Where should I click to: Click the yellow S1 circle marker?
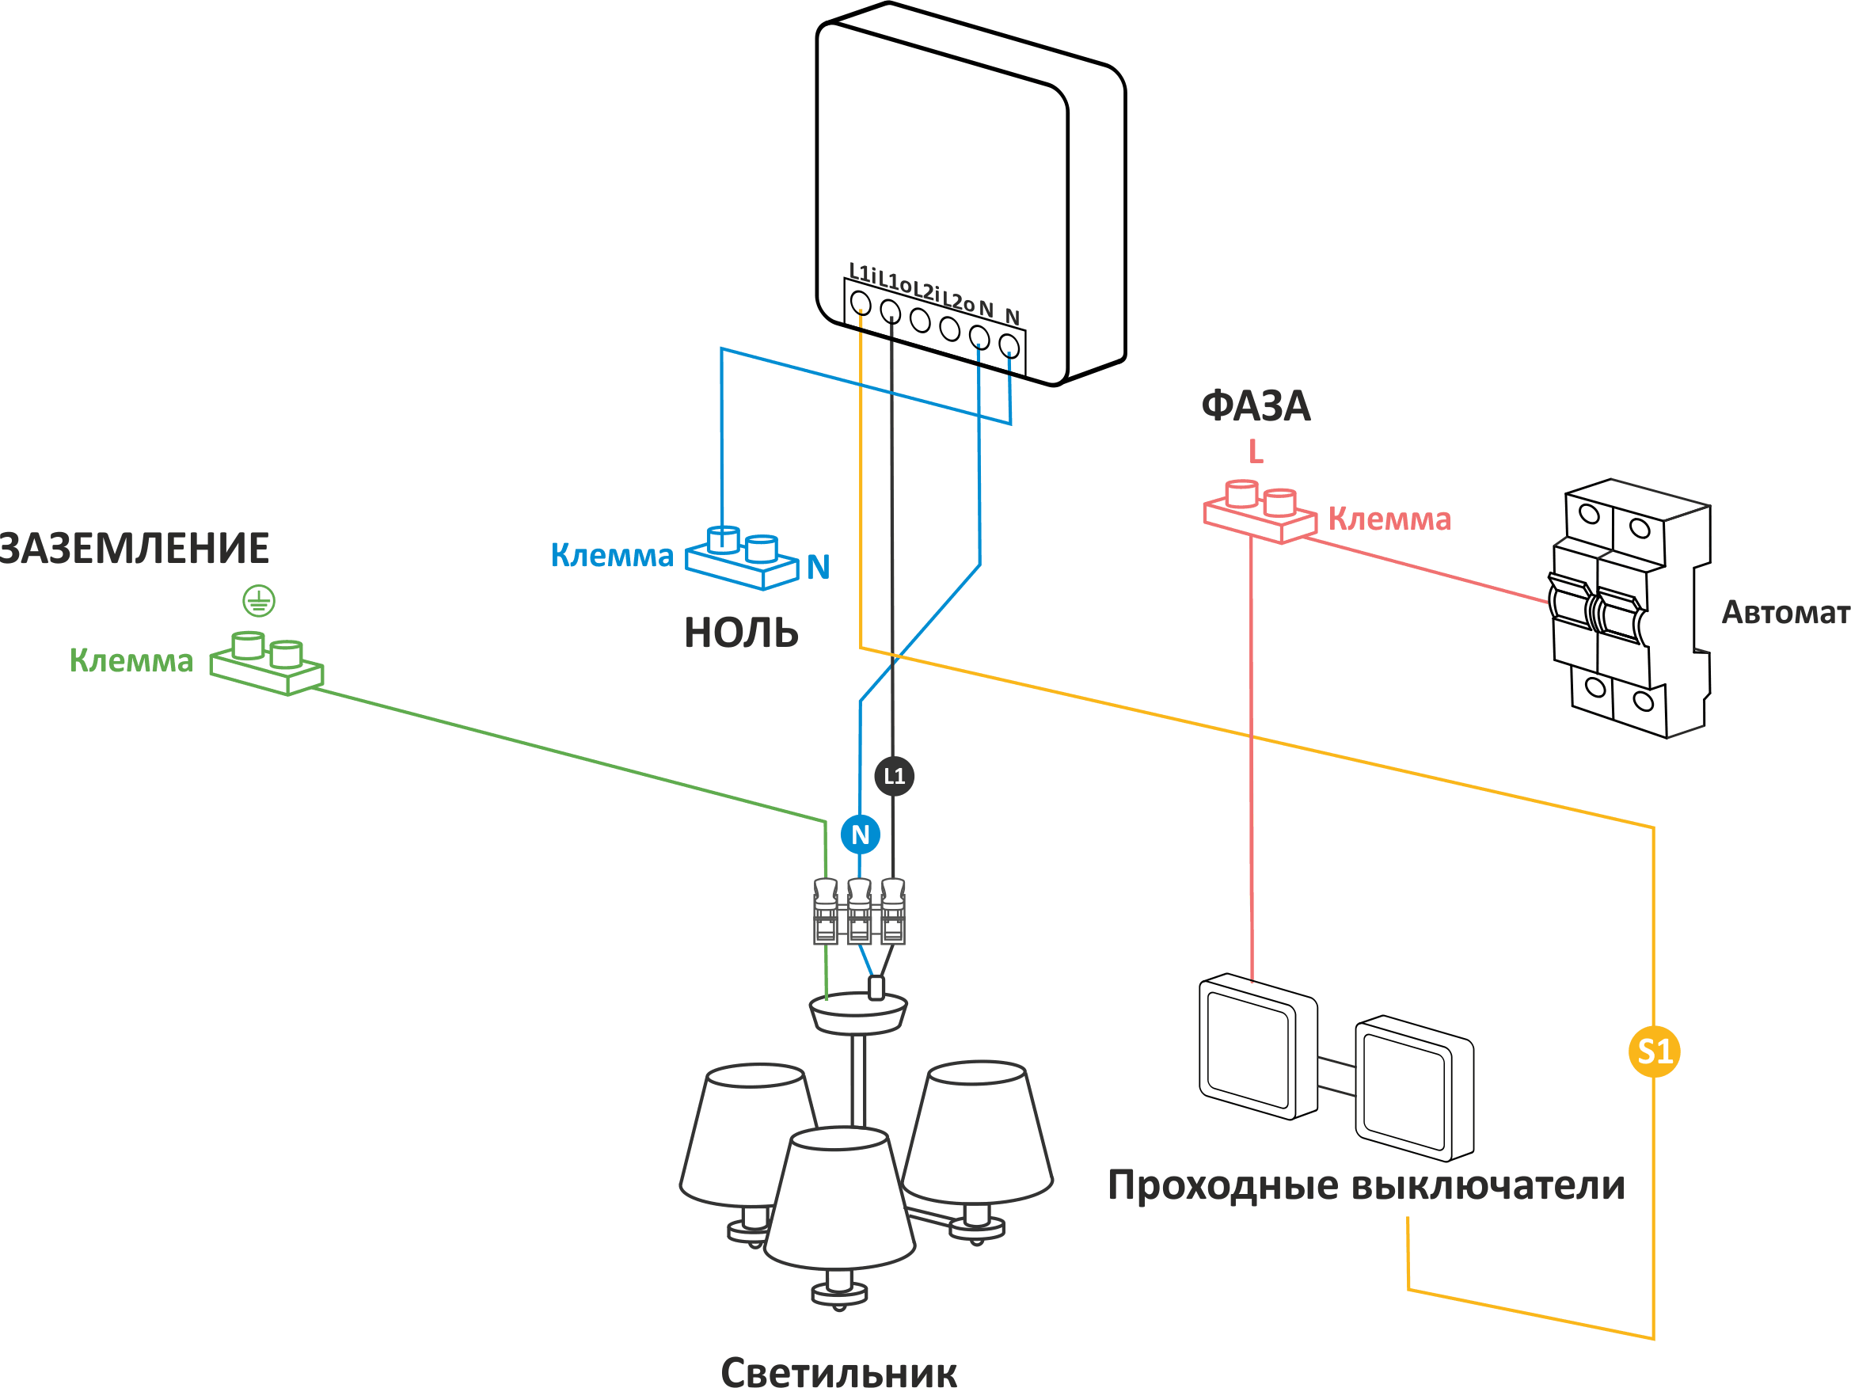1654,1051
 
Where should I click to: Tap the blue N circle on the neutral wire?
861,834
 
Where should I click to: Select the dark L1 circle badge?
895,776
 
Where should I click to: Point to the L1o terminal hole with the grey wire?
891,311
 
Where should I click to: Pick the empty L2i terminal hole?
920,320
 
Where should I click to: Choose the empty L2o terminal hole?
950,328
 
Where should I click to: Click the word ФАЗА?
1255,405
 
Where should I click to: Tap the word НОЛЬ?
741,633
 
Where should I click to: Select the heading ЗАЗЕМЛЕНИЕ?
134,549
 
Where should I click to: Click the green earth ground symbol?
260,601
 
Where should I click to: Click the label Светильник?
838,1371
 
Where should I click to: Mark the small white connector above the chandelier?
876,988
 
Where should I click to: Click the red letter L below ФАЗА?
1255,453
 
